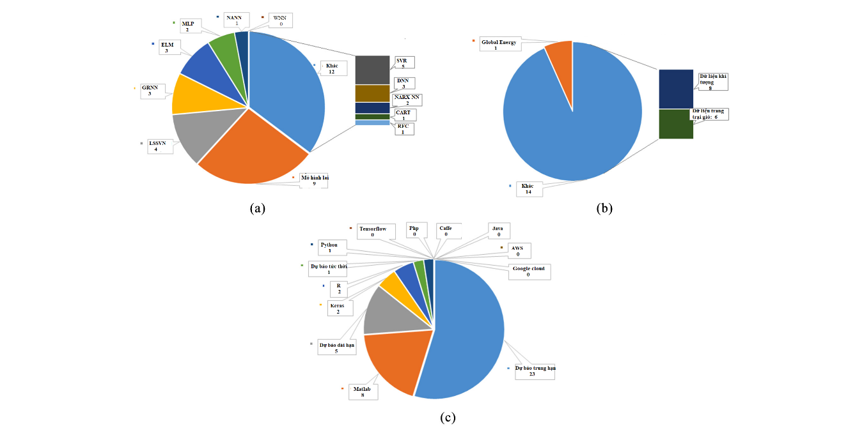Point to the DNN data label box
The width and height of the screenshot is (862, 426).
[404, 84]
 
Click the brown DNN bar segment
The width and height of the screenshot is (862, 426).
[372, 93]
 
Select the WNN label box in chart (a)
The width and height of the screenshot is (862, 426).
[279, 20]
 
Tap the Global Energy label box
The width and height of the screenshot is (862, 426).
[501, 45]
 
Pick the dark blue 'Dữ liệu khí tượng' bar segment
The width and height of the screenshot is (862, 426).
[675, 89]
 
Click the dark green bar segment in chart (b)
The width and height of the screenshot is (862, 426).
[675, 124]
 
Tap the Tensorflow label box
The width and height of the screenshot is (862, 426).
[372, 231]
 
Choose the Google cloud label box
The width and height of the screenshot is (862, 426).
[529, 271]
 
